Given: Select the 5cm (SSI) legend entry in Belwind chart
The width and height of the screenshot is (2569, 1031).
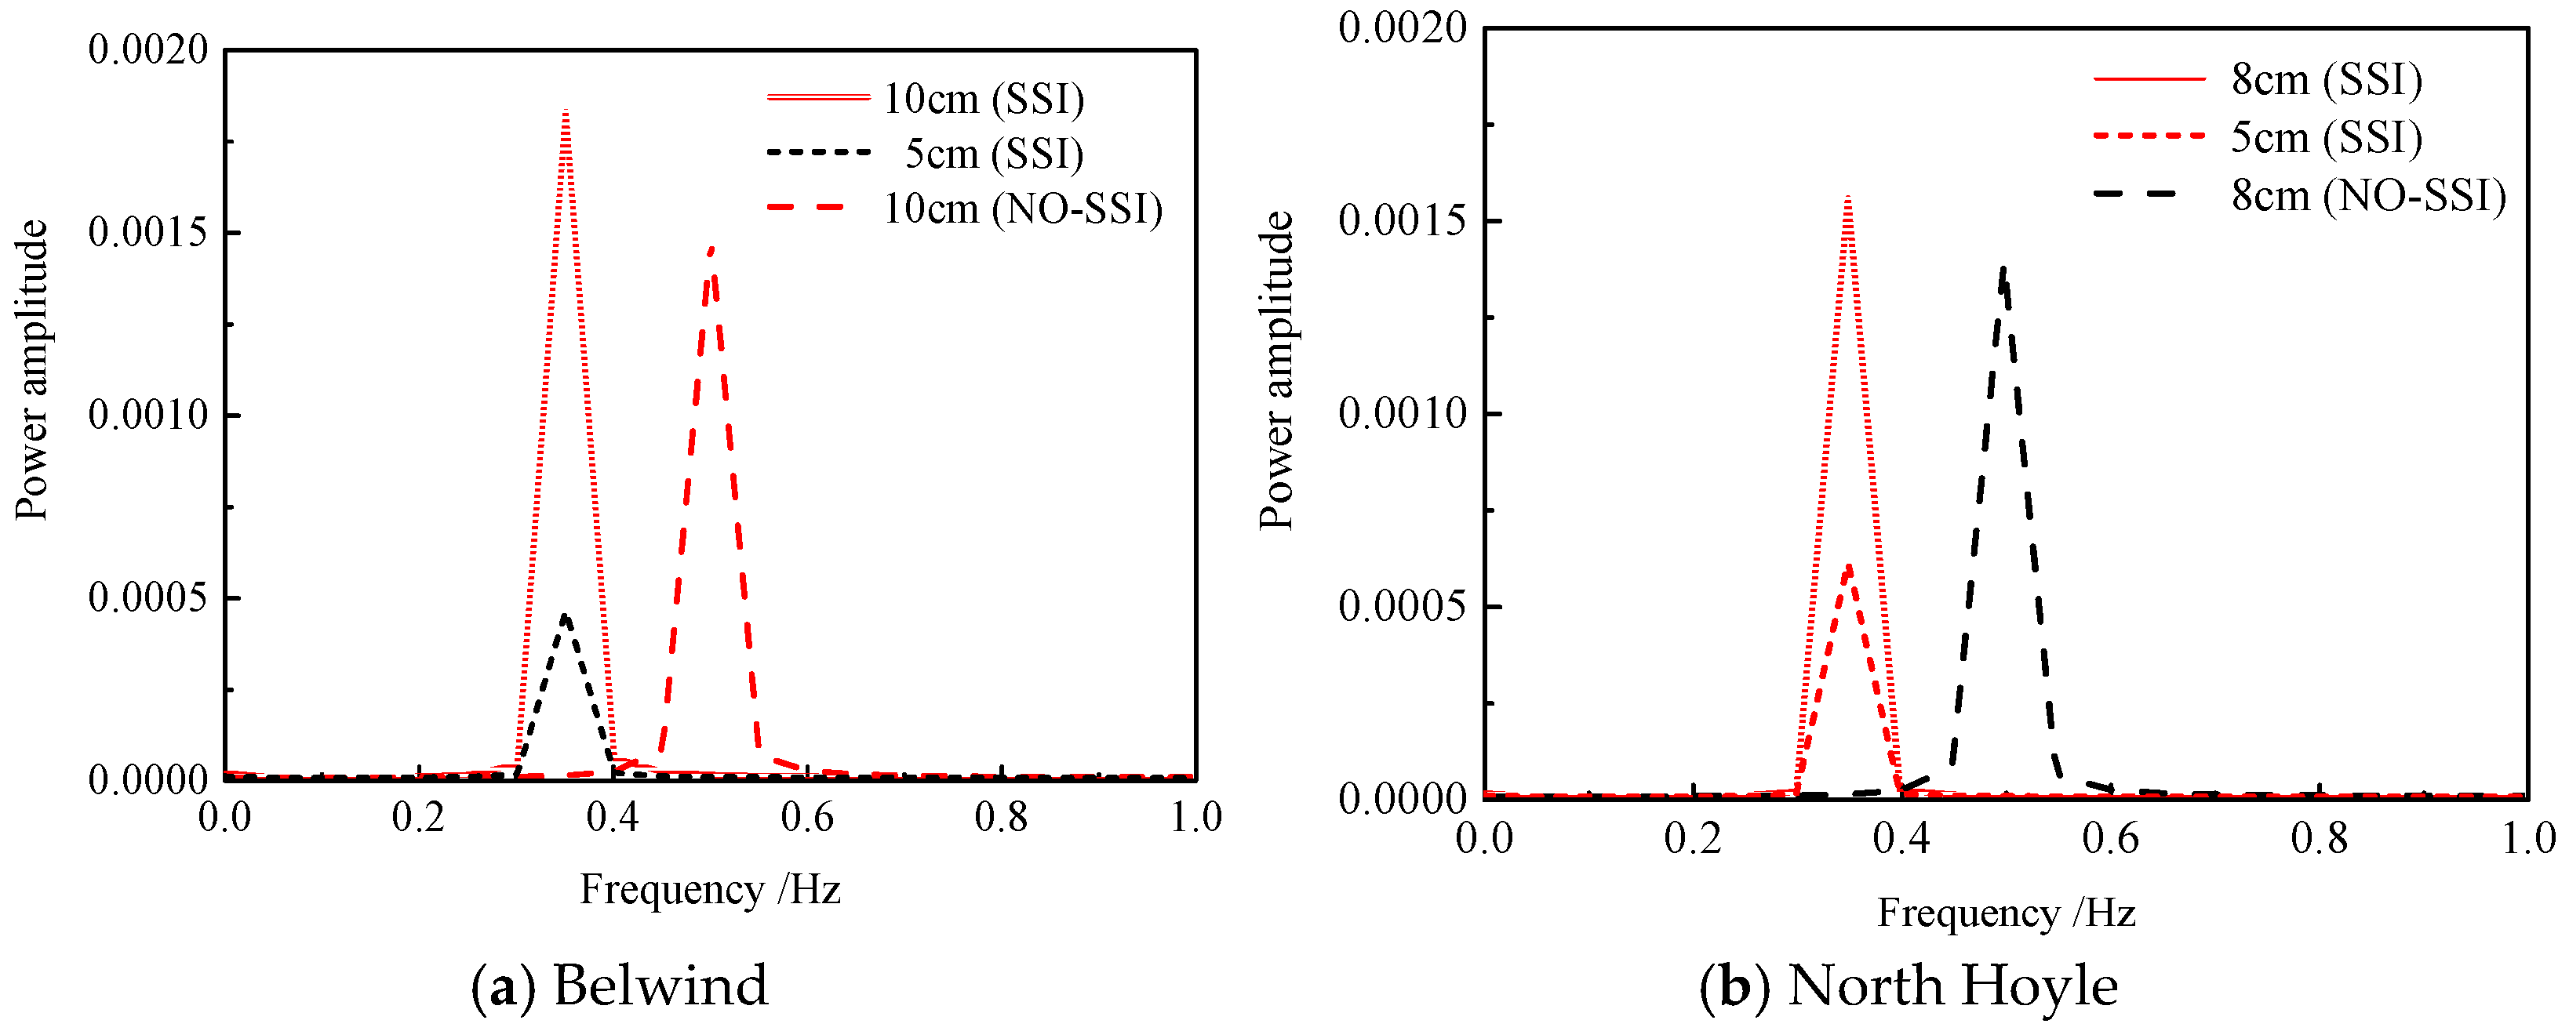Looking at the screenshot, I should point(993,154).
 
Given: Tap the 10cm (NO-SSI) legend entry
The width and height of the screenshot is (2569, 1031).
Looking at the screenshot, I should point(1022,209).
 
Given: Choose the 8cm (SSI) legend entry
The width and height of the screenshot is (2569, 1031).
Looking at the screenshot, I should point(2327,78).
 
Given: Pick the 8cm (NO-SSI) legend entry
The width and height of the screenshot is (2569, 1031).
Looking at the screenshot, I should point(2368,194).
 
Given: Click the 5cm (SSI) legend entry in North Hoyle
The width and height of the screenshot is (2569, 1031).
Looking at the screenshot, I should point(2327,136).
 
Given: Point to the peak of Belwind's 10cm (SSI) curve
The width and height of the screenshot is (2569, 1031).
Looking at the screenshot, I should point(566,111).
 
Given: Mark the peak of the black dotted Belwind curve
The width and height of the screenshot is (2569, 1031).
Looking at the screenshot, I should point(566,615).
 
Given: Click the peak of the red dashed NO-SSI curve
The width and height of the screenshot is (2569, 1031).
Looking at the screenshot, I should point(711,249).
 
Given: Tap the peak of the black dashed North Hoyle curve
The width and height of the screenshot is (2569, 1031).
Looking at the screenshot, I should point(2003,268).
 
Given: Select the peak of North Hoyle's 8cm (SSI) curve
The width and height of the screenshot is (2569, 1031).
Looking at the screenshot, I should point(1848,198).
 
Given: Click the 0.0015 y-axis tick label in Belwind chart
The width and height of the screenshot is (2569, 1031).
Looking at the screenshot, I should point(148,232).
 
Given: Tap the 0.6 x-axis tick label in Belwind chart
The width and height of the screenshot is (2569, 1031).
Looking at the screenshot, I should point(807,818).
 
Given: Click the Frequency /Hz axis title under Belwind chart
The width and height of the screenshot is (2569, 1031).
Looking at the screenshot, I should point(710,889).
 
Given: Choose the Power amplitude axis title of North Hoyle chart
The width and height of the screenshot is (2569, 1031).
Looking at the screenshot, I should point(1275,370).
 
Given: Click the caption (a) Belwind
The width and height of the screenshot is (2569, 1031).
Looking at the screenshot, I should point(620,985).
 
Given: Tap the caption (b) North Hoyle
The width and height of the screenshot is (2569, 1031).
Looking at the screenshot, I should point(1909,985).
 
